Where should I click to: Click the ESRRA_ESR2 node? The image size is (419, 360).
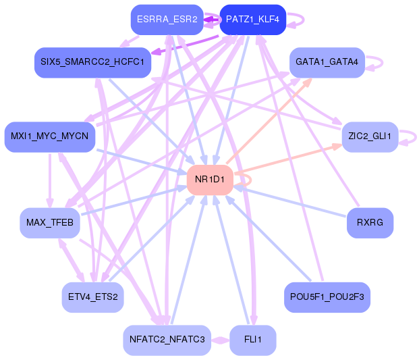166,20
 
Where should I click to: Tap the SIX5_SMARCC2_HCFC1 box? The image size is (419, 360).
92,62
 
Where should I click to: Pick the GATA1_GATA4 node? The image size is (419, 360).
327,62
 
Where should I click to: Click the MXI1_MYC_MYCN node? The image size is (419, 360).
49,136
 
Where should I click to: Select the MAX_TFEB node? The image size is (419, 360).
49,223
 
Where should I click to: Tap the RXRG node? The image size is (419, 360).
370,223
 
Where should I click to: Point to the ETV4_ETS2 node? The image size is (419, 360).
92,297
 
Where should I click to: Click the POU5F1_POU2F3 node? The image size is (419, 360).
327,297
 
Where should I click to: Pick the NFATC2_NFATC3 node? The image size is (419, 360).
167,340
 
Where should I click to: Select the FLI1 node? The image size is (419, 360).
252,340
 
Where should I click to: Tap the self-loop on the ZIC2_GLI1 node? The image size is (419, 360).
413,137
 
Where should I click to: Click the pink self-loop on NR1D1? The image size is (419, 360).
250,180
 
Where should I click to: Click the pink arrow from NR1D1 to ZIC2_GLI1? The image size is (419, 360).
290,159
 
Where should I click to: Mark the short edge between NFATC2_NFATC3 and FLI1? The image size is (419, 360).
220,340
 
